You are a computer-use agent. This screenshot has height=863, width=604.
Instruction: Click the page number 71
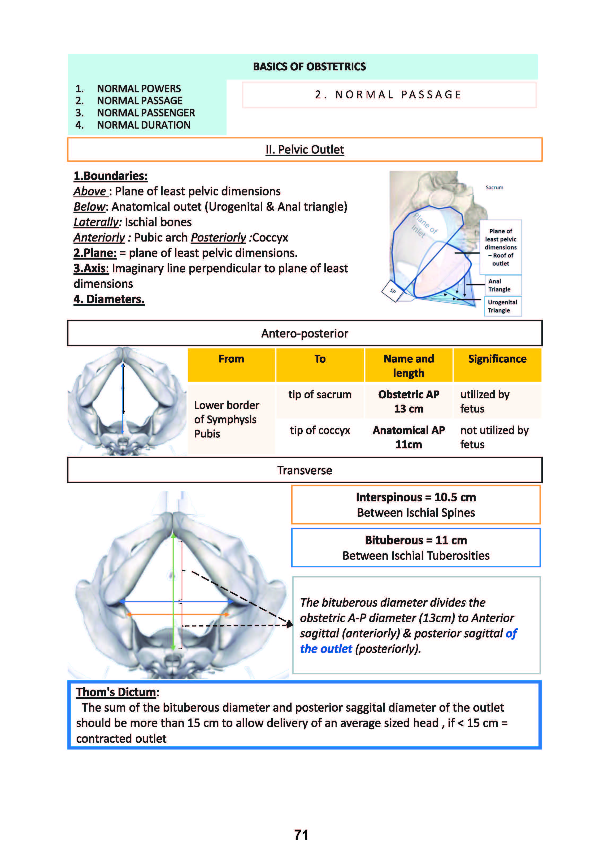[301, 835]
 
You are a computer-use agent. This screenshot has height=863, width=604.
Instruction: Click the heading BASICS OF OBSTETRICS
[309, 67]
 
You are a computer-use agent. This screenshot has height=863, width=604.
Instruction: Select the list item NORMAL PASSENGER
[146, 113]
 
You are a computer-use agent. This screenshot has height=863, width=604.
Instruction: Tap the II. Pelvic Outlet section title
[304, 150]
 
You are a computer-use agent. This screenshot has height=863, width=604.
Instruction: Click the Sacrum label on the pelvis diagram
[494, 187]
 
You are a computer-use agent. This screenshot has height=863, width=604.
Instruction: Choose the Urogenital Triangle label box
[502, 306]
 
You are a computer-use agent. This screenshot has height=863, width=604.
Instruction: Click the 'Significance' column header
[497, 359]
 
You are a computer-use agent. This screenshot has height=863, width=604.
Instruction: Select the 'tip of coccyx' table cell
[320, 430]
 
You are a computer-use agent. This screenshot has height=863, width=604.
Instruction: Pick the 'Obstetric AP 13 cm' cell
[409, 401]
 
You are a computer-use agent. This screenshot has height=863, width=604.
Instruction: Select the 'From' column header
[231, 359]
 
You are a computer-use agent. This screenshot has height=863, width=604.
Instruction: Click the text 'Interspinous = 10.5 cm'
[416, 497]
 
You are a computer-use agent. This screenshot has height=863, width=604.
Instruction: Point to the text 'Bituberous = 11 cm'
[416, 540]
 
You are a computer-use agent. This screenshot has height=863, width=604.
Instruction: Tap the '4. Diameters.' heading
[109, 299]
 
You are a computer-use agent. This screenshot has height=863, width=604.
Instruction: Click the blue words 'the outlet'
[326, 649]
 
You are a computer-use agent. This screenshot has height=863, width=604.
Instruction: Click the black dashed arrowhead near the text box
[290, 624]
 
